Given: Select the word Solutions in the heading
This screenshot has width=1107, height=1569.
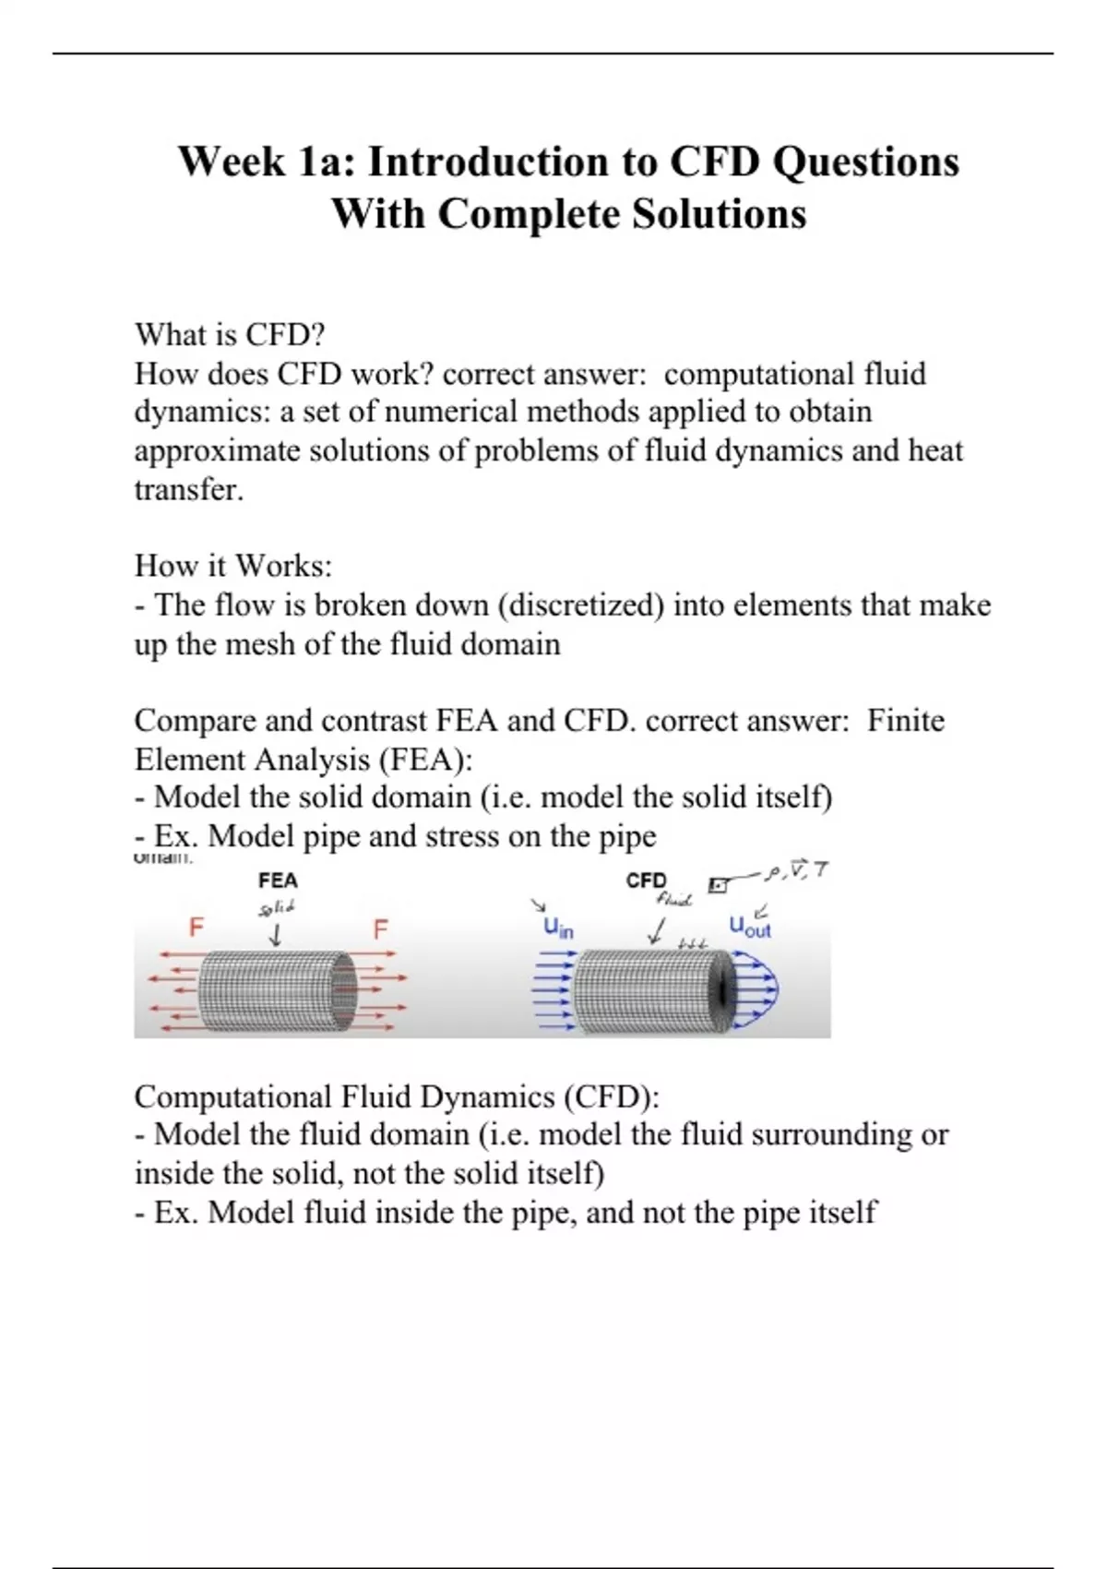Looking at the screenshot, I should click(x=719, y=214).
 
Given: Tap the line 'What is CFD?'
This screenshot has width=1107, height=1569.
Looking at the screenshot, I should click(x=230, y=334).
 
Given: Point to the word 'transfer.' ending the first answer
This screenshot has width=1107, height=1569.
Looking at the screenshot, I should click(x=189, y=489).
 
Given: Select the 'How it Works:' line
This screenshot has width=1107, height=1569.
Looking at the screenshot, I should click(x=232, y=565).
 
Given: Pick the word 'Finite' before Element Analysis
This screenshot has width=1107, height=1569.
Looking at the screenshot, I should click(x=905, y=720).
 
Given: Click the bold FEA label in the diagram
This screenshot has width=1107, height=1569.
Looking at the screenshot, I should click(x=278, y=880).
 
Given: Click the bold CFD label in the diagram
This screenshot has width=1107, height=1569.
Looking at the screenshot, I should click(x=646, y=880).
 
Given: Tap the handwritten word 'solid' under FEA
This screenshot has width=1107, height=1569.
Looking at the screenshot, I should click(x=277, y=908).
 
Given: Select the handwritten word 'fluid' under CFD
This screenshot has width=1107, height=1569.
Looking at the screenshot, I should click(x=673, y=900).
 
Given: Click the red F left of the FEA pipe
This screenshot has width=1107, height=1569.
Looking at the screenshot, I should click(x=196, y=927).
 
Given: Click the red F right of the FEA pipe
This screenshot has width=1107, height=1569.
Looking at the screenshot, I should click(x=380, y=928).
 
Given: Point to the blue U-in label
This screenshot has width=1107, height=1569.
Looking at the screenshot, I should click(x=557, y=928).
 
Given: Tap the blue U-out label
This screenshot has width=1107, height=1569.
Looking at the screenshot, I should click(x=749, y=927).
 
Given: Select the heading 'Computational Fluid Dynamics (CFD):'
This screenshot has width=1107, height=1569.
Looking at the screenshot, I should click(x=397, y=1096).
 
